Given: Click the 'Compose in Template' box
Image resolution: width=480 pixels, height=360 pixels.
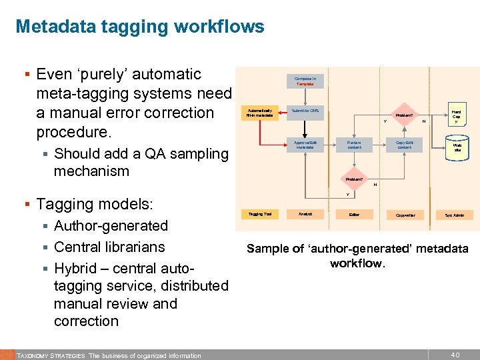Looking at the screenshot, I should (305, 81).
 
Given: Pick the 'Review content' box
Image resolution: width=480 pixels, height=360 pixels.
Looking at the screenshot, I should (354, 145).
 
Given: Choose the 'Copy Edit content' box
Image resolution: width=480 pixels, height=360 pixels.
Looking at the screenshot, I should (405, 145).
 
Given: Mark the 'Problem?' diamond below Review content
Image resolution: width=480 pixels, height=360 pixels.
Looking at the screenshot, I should (354, 179).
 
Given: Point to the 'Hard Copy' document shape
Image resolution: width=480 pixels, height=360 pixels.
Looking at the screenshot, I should (457, 117).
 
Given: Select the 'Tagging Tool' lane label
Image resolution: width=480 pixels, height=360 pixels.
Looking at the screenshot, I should (259, 214).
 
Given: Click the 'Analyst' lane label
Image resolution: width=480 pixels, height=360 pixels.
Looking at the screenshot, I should (305, 214).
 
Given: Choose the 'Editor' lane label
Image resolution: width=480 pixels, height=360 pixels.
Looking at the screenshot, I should (354, 215).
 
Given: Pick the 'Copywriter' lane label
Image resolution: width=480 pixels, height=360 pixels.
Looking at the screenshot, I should (405, 215).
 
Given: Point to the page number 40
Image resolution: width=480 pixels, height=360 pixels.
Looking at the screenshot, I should (455, 355).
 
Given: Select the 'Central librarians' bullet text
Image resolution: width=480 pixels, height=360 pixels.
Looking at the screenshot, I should (109, 247).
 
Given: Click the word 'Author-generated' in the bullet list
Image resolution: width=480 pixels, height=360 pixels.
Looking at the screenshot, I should (111, 225).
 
